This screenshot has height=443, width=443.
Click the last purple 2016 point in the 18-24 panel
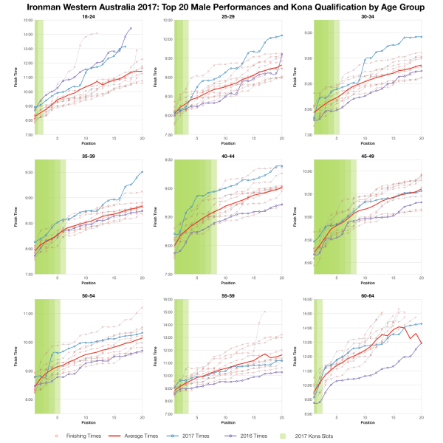click(131, 28)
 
